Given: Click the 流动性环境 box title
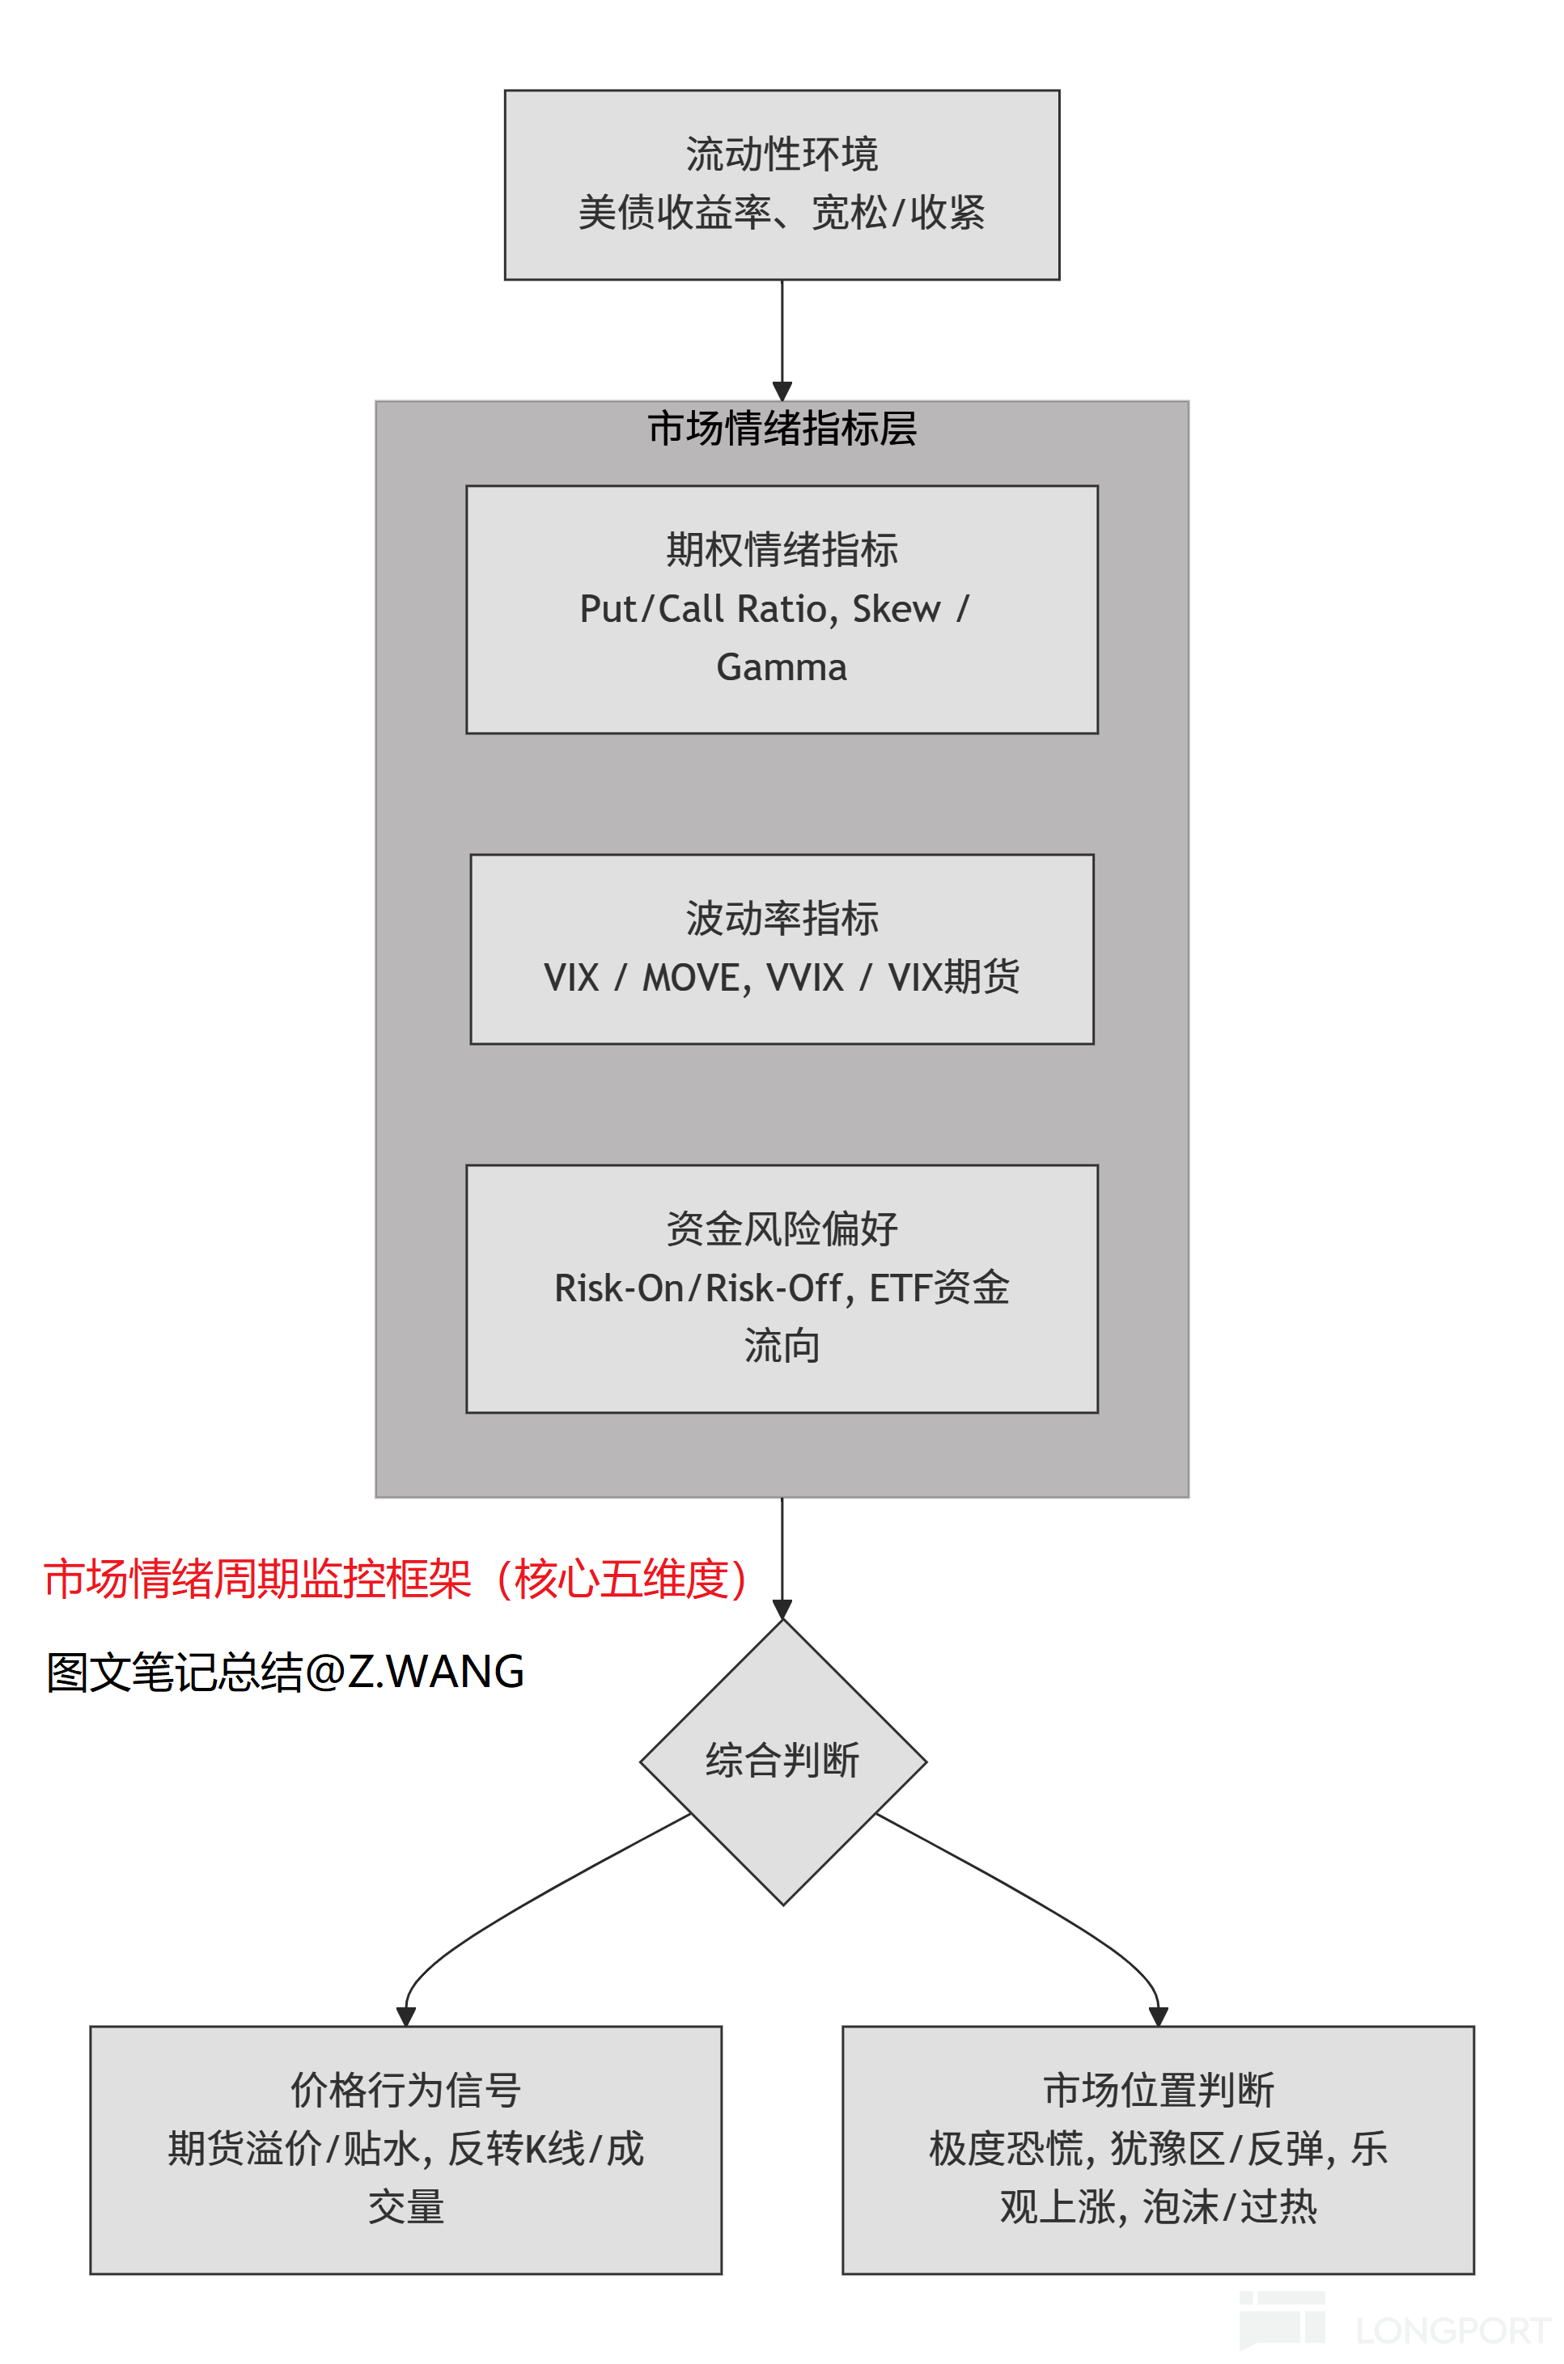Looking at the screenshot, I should [781, 154].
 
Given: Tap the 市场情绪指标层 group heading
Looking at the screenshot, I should [781, 429].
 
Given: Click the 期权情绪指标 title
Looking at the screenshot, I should [781, 549].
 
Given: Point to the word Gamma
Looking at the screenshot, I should [781, 667].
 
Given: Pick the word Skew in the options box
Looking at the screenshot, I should [895, 608].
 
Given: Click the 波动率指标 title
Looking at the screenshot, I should [781, 918].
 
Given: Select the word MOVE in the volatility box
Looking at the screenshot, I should [691, 977].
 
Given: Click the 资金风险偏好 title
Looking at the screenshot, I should [781, 1229].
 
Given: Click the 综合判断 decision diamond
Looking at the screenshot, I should [782, 1761].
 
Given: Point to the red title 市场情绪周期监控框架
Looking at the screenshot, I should [257, 1579].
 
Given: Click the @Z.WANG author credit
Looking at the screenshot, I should [414, 1672].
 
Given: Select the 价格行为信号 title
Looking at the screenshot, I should [405, 2091].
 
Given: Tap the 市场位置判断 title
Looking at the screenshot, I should [1158, 2091].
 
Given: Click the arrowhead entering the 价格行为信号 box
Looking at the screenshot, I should [406, 2016].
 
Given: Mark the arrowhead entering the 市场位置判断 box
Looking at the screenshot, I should [1158, 2016].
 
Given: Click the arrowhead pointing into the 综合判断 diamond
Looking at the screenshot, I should [782, 1609].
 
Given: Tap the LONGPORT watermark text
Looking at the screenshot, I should [1452, 2330].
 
